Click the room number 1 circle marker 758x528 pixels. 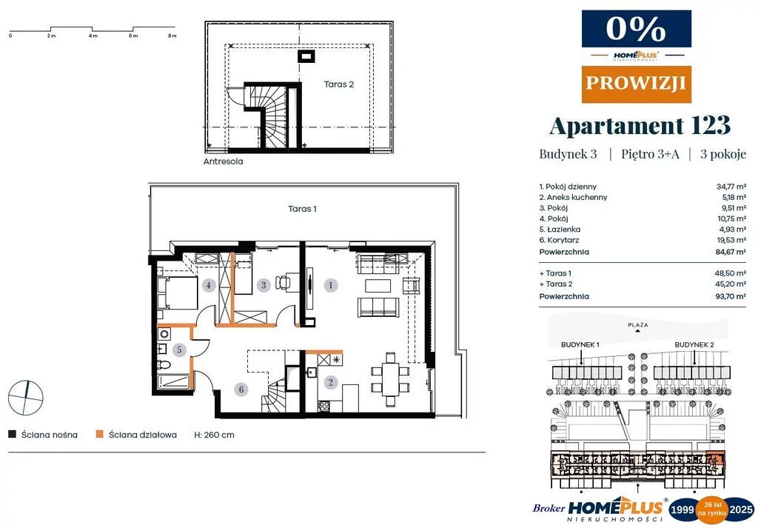(x=331, y=285)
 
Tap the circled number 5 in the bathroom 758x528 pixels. (x=179, y=350)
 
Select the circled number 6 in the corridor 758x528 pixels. (x=241, y=390)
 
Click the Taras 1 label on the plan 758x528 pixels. (x=302, y=209)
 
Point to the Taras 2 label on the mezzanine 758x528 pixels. (x=339, y=84)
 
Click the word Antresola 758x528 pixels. (x=223, y=161)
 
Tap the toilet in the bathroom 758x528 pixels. (x=164, y=364)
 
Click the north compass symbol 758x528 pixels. (x=26, y=398)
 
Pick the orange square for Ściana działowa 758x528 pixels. (x=100, y=434)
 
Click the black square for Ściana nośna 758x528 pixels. (x=12, y=434)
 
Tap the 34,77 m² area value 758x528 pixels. (x=731, y=187)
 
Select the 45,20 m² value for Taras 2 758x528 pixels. (x=731, y=284)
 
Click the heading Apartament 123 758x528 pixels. (x=640, y=125)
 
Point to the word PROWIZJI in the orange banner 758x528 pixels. (x=636, y=83)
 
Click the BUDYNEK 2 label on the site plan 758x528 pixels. (x=694, y=345)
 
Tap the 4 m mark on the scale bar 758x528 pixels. (x=93, y=36)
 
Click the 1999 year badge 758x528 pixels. (x=682, y=509)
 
